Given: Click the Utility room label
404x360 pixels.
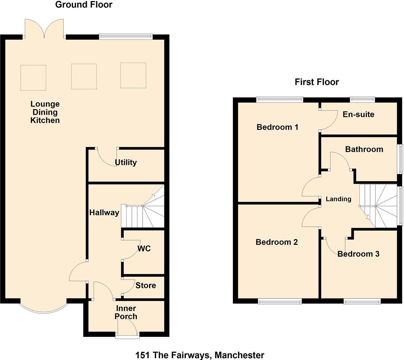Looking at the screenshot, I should tap(126, 162).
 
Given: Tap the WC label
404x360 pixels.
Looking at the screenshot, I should tap(144, 249).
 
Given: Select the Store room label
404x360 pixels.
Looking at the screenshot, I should tap(145, 285).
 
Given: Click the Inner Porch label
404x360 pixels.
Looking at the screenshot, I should tap(126, 312).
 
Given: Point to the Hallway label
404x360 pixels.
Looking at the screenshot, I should tap(104, 213).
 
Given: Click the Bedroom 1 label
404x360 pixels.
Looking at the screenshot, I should tap(277, 127).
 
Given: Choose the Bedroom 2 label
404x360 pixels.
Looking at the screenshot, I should tap(277, 242).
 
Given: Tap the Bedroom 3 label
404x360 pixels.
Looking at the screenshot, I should tap(358, 254).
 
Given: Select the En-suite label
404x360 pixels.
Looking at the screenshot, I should tap(358, 114).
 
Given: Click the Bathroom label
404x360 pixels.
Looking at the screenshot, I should tap(364, 149).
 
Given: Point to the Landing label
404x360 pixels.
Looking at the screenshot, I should tap(338, 199).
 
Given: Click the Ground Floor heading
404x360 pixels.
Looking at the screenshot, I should tap(84, 4).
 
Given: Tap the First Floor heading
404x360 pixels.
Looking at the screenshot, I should tap(316, 82).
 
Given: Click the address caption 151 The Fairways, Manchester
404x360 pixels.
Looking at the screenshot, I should tap(200, 355).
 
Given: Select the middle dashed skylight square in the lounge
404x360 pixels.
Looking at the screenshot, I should tap(84, 76).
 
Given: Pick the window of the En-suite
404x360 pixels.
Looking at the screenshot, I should tap(362, 99).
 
